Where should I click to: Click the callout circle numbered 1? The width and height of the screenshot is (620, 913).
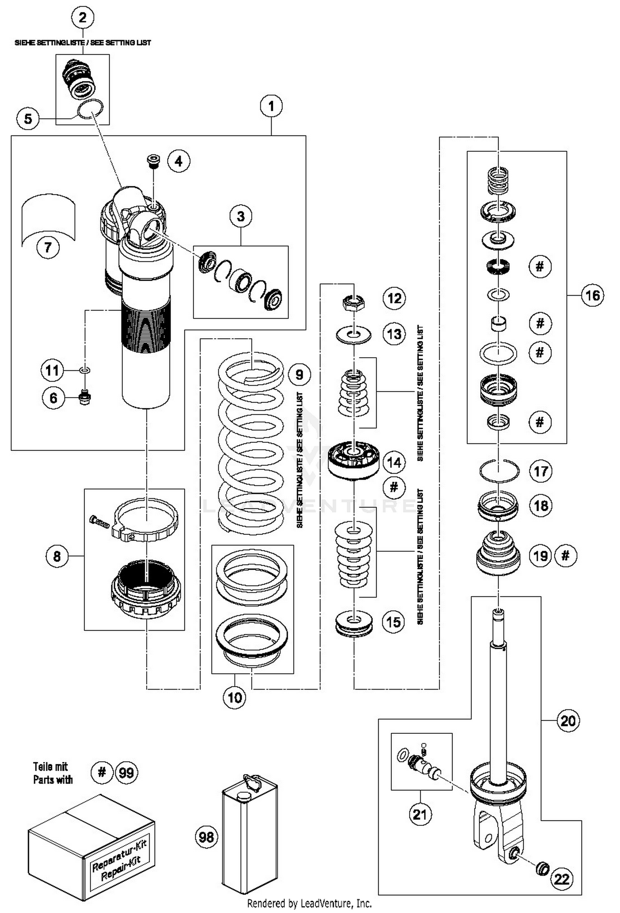[271, 106]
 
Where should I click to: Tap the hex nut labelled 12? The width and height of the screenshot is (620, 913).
[354, 304]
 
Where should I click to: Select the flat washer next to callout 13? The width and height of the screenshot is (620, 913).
[354, 334]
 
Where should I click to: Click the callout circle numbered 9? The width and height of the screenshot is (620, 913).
[299, 375]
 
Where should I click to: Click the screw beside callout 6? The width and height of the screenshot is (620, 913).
[85, 397]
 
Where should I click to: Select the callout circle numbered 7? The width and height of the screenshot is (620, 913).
[48, 247]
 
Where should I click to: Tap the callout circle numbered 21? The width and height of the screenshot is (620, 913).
[420, 814]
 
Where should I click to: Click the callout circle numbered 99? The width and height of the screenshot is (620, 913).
[126, 772]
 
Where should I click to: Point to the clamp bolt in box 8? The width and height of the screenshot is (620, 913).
[99, 523]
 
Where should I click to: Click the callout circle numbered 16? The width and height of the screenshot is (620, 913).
[593, 295]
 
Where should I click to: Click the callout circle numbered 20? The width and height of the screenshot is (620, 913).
[568, 721]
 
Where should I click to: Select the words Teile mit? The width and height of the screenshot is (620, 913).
[50, 766]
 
